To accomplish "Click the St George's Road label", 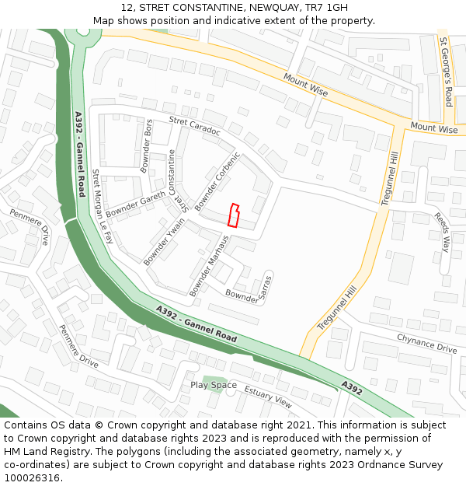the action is tap(446, 72).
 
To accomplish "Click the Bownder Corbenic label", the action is tap(218, 180).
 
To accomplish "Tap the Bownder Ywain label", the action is tap(165, 240).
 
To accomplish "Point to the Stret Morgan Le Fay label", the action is tap(103, 207).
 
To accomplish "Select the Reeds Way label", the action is tap(441, 232).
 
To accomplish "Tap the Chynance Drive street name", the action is tap(426, 343).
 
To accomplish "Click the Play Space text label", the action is tap(214, 385).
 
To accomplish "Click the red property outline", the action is tap(233, 215).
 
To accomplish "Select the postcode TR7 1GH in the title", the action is tap(326, 7).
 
